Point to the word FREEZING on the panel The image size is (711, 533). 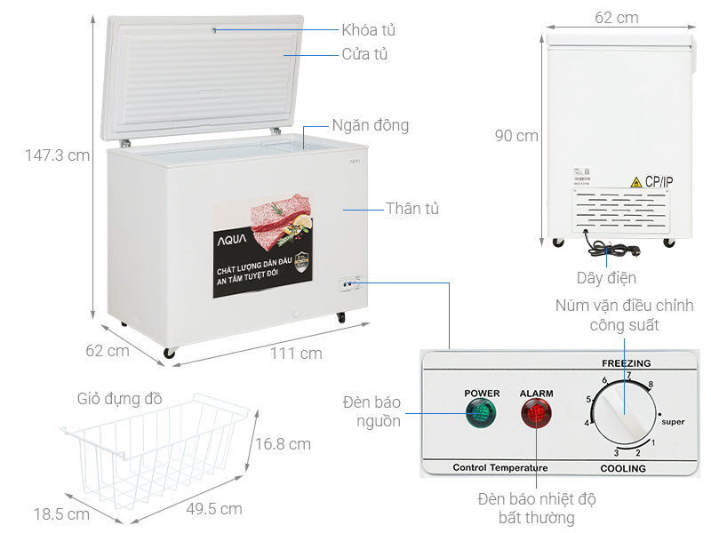[x=627, y=363]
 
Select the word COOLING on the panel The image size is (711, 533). [x=622, y=468]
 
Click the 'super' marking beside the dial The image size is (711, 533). [x=673, y=422]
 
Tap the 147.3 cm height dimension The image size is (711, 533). [x=58, y=155]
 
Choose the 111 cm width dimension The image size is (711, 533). [x=296, y=354]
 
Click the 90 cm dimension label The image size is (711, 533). [x=516, y=136]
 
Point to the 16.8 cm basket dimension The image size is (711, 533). [x=283, y=444]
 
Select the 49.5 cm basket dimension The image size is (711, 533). [x=214, y=509]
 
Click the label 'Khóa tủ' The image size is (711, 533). [x=368, y=30]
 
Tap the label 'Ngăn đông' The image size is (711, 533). [x=371, y=125]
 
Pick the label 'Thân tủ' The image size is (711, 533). [x=412, y=209]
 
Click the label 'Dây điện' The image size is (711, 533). [x=607, y=278]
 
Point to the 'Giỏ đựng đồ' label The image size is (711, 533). [x=120, y=399]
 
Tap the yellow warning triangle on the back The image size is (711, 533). [x=636, y=182]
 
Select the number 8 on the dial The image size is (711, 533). [x=651, y=385]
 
